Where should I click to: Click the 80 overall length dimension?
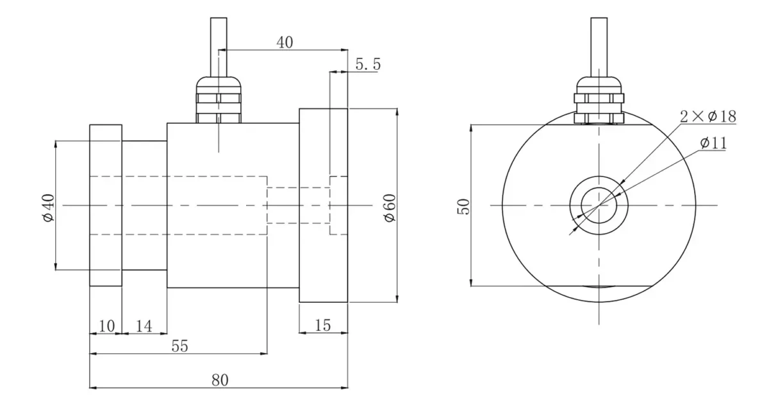point(219,380)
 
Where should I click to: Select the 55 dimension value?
point(180,346)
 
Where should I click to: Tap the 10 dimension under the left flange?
point(106,326)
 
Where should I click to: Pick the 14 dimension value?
point(144,326)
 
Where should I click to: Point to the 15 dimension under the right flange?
point(323,326)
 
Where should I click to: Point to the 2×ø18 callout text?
point(707,116)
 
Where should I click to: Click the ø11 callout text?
point(713,143)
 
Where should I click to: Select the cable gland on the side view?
point(219,99)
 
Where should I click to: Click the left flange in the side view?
point(106,205)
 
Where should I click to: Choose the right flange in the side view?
point(323,205)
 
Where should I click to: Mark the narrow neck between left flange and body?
point(144,205)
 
